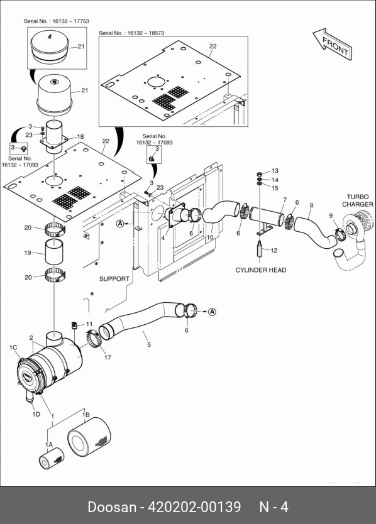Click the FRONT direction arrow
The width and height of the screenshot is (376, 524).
(x=333, y=44)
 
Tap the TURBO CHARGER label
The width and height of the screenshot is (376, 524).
(x=357, y=200)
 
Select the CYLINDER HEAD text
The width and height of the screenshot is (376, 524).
(x=260, y=270)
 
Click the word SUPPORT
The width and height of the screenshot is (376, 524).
(x=114, y=279)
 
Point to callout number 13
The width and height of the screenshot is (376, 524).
(x=275, y=171)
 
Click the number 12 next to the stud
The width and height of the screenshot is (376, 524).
(x=274, y=250)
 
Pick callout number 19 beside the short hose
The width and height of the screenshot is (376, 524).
(x=28, y=253)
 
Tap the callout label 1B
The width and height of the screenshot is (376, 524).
(x=86, y=415)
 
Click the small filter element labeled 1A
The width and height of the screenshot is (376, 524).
(x=51, y=458)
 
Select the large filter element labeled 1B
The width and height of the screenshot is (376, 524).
(x=89, y=437)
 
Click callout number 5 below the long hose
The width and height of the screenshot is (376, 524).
(x=149, y=344)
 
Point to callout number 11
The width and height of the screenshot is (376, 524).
(x=89, y=324)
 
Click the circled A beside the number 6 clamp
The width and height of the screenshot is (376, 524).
(x=212, y=312)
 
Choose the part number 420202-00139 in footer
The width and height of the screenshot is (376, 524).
(x=194, y=506)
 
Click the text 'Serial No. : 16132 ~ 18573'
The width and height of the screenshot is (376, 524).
(x=131, y=33)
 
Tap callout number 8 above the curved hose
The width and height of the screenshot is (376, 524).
(x=311, y=205)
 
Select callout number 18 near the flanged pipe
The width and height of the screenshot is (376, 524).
(x=80, y=136)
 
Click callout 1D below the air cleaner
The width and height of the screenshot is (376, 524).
(x=36, y=414)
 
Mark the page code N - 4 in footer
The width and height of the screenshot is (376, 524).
(x=274, y=506)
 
